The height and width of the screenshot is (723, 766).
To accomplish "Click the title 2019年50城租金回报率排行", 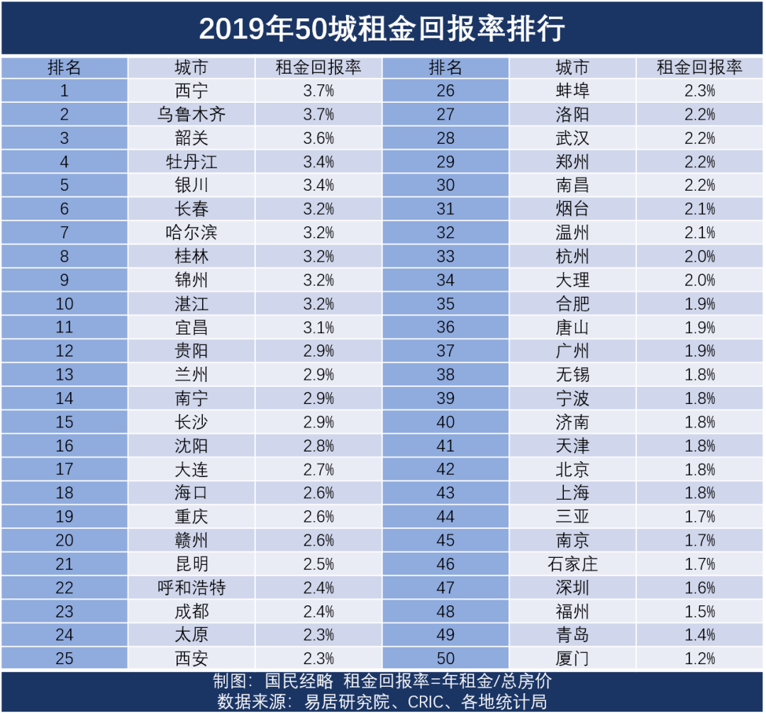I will tap(382, 29).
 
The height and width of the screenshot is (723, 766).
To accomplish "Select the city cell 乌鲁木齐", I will tap(191, 115).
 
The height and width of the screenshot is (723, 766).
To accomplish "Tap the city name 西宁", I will tap(191, 91).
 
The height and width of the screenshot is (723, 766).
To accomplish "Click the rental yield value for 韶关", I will tap(318, 138).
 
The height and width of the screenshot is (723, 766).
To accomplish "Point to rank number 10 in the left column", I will tap(65, 304).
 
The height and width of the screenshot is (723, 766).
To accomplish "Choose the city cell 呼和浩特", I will tap(191, 588).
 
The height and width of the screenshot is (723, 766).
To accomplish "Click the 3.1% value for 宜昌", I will tap(318, 327).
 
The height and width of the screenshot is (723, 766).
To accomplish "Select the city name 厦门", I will tap(572, 658).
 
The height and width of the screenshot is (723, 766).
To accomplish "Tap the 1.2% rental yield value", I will tap(700, 658).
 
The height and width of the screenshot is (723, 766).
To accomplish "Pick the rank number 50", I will tap(445, 658).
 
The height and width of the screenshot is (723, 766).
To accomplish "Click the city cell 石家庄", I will tap(572, 564).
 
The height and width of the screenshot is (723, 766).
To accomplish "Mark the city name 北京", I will tap(572, 469).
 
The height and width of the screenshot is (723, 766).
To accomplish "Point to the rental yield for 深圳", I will tap(700, 588).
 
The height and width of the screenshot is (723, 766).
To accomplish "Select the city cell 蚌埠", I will tap(572, 91).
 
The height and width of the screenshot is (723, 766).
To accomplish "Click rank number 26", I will tap(445, 91).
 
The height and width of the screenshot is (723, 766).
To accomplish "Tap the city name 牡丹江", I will tap(191, 162).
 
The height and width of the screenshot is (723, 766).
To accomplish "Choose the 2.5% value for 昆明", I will tap(318, 564).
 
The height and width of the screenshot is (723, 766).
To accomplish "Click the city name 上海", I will tap(572, 493).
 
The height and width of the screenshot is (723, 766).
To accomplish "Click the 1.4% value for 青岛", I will tap(700, 635).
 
